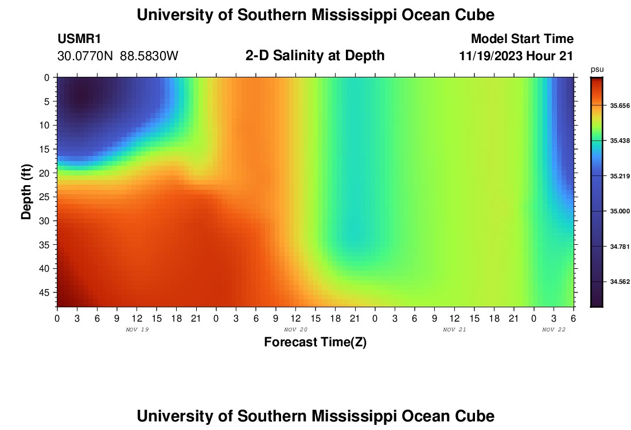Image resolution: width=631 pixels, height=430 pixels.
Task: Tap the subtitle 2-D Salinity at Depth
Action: pyautogui.click(x=315, y=56)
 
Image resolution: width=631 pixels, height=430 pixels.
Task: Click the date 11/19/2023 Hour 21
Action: pyautogui.click(x=516, y=56)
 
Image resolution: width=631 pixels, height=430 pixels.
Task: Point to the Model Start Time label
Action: pyautogui.click(x=522, y=39)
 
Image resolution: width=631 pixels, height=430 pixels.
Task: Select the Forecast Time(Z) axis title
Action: pyautogui.click(x=315, y=342)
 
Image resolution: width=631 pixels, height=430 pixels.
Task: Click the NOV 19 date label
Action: pyautogui.click(x=137, y=330)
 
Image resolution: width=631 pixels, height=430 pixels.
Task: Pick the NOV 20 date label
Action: pyautogui.click(x=295, y=330)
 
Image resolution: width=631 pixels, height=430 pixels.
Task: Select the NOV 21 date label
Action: pyautogui.click(x=454, y=330)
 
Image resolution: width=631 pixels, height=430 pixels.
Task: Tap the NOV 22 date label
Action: pyautogui.click(x=554, y=330)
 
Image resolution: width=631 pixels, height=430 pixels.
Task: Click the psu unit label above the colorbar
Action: pyautogui.click(x=597, y=69)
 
